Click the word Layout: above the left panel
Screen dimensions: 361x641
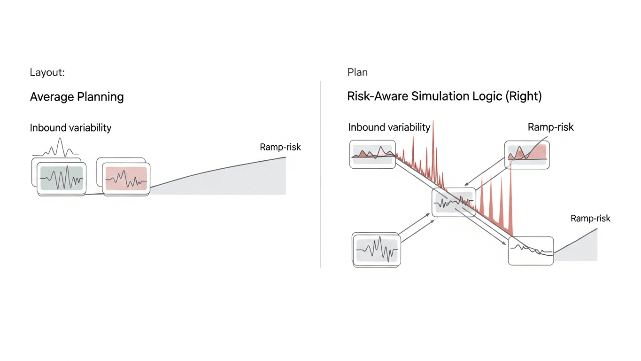(x=47, y=72)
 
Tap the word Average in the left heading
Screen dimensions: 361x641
(x=52, y=97)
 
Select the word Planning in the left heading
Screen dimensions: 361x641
(x=100, y=97)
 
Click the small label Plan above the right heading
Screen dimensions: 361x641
(x=357, y=72)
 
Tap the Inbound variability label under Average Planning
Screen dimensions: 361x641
(x=70, y=128)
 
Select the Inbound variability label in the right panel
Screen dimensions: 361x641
(x=389, y=127)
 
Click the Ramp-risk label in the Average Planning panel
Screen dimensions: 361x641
(x=280, y=147)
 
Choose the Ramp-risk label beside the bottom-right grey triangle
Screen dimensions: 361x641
(x=590, y=218)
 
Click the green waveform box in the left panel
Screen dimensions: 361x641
(x=62, y=178)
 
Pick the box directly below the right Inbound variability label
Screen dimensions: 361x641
(x=373, y=154)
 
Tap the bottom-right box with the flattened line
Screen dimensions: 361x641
(x=531, y=251)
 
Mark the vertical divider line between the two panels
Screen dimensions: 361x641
(x=321, y=174)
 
